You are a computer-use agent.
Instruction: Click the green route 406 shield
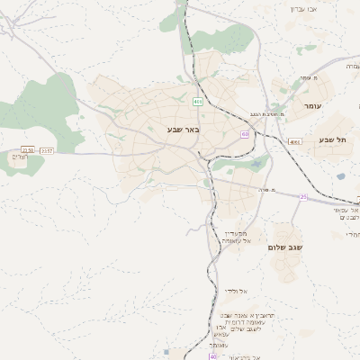click(x=196, y=102)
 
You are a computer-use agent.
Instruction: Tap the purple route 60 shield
click(x=245, y=133)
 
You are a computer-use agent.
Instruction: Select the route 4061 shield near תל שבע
click(x=295, y=141)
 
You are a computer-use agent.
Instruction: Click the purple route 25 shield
click(x=303, y=196)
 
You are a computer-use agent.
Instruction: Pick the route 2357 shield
click(x=47, y=150)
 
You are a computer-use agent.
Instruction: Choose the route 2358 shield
click(x=27, y=150)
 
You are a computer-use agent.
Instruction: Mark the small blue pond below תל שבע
click(x=341, y=176)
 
